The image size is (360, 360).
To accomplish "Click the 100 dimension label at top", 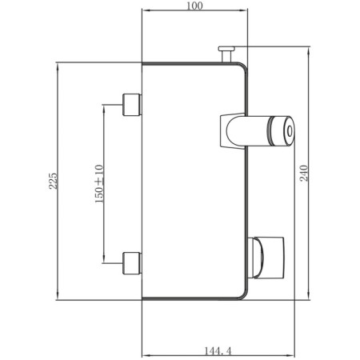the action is (194, 6).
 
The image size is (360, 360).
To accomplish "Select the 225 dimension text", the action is (53, 181).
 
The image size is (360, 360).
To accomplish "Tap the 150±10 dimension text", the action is (99, 184).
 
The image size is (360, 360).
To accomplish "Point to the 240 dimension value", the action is (304, 174).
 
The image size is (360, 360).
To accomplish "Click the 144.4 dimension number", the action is (218, 350).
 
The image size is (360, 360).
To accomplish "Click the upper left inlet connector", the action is (132, 105).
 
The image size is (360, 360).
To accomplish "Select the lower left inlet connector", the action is (132, 263).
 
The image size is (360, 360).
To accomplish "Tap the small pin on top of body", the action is (226, 54).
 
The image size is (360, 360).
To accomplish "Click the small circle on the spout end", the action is (290, 131).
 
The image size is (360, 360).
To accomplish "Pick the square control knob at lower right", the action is (270, 258).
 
